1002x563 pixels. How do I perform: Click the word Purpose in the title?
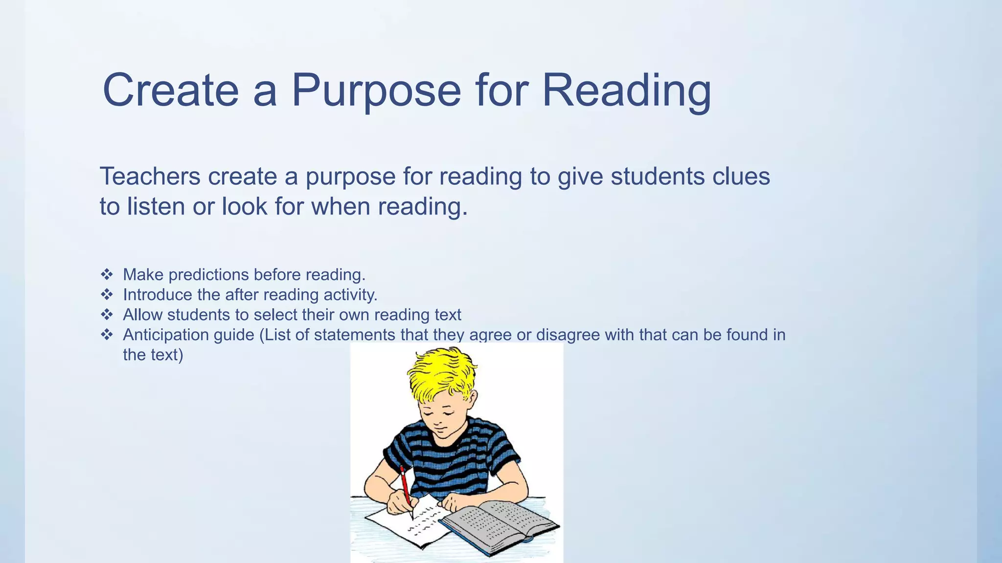point(376,90)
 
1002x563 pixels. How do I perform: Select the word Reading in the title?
point(626,90)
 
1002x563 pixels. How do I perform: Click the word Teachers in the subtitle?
point(150,176)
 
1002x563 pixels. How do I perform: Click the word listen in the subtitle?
point(156,206)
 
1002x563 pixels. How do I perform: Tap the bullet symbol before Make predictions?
point(107,275)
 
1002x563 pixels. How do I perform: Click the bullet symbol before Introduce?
point(107,295)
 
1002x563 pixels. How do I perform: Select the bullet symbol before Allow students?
point(107,315)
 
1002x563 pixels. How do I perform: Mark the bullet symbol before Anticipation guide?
point(107,335)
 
